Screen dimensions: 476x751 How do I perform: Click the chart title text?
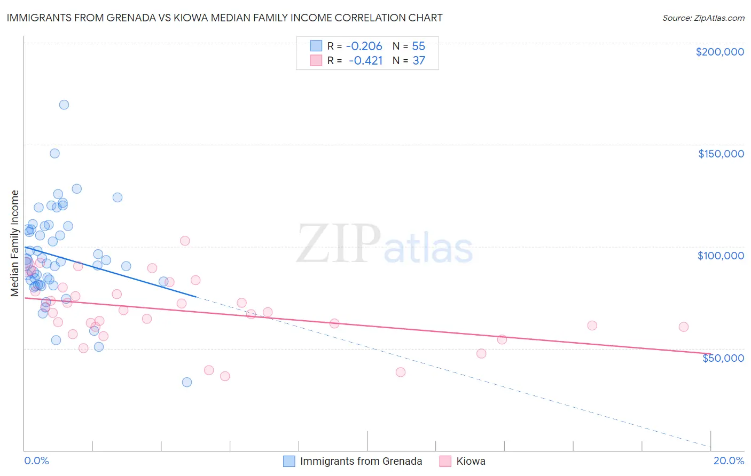[x=224, y=18]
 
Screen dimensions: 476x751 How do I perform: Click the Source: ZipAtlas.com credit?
[x=703, y=18]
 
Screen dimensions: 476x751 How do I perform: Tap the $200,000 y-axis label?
[x=719, y=52]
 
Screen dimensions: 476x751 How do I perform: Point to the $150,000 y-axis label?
[x=721, y=154]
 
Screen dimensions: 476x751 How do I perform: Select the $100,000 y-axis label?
[x=721, y=256]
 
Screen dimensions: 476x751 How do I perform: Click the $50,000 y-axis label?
[x=723, y=358]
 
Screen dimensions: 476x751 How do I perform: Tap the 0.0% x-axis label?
[x=36, y=461]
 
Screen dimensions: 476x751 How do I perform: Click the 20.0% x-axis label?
[x=729, y=461]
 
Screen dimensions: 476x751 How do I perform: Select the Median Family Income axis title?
[x=15, y=243]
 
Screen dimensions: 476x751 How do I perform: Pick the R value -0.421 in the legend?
[x=365, y=60]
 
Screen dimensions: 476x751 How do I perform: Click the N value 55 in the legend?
[x=418, y=46]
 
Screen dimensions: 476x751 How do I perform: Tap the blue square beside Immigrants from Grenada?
[x=289, y=461]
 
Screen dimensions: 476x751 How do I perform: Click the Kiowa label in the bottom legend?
[x=471, y=461]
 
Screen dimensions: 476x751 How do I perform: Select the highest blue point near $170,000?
[x=64, y=105]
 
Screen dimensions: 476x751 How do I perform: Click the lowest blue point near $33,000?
[x=187, y=382]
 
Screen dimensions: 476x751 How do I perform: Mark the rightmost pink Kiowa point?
[x=684, y=327]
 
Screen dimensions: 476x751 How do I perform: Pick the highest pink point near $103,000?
[x=185, y=241]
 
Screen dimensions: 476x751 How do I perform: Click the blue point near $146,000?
[x=54, y=153]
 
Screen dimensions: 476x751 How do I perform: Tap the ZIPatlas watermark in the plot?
[x=385, y=244]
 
